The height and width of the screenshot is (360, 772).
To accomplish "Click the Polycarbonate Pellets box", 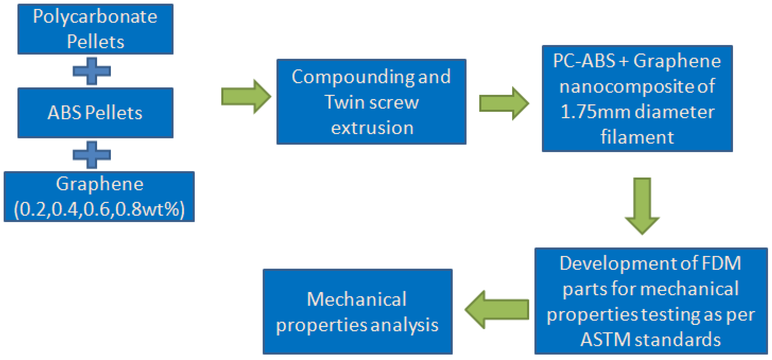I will [x=95, y=29].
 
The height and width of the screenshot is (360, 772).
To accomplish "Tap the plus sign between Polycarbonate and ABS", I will [x=92, y=71].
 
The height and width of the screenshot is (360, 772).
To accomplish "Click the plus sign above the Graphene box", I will [x=92, y=155].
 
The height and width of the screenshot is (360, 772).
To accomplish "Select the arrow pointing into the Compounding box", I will [x=246, y=96].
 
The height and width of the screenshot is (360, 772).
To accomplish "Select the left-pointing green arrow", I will [x=497, y=309].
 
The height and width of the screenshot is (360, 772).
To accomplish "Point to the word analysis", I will [x=404, y=325].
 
